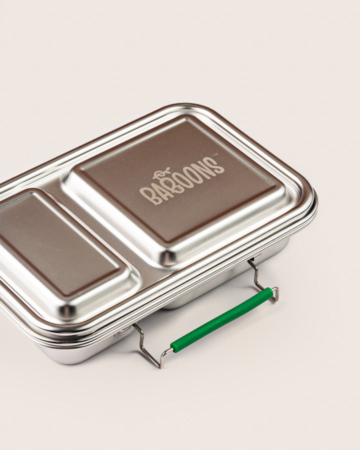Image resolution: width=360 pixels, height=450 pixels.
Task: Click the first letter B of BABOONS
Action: (x=146, y=196)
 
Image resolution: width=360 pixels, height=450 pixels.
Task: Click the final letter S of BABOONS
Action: (x=216, y=165)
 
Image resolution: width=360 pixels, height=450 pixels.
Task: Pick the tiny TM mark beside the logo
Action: (x=214, y=156)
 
